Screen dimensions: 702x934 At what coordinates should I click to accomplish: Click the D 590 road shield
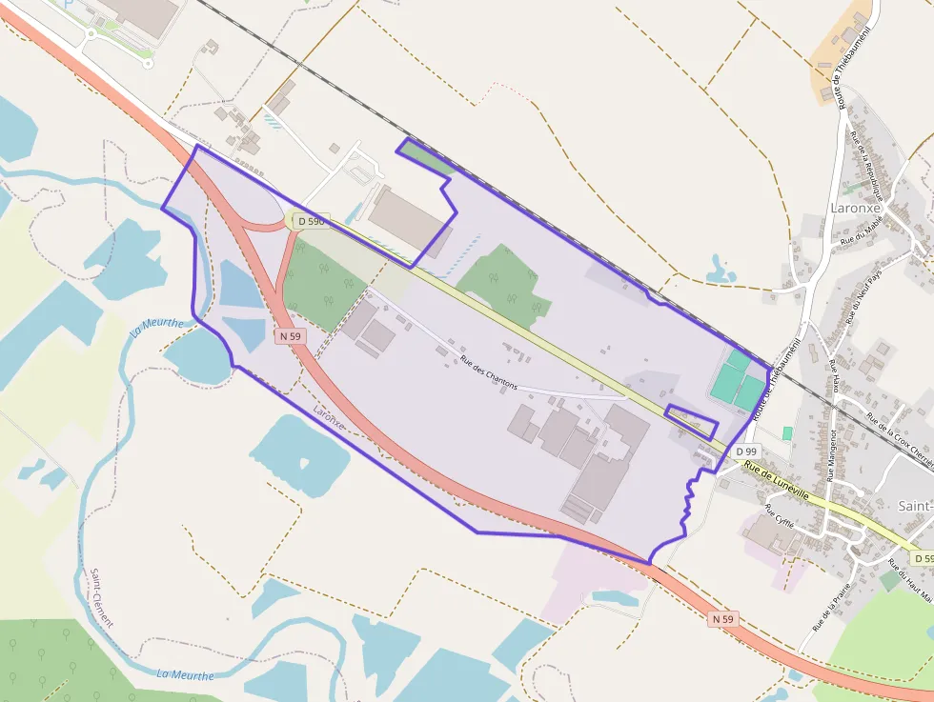tap(311, 221)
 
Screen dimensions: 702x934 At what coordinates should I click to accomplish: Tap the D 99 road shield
tap(746, 451)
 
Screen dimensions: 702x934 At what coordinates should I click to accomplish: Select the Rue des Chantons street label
tap(488, 372)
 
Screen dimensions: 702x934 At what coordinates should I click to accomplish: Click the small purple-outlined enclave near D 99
tap(692, 420)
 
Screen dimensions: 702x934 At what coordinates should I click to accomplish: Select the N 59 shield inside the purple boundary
tap(291, 336)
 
